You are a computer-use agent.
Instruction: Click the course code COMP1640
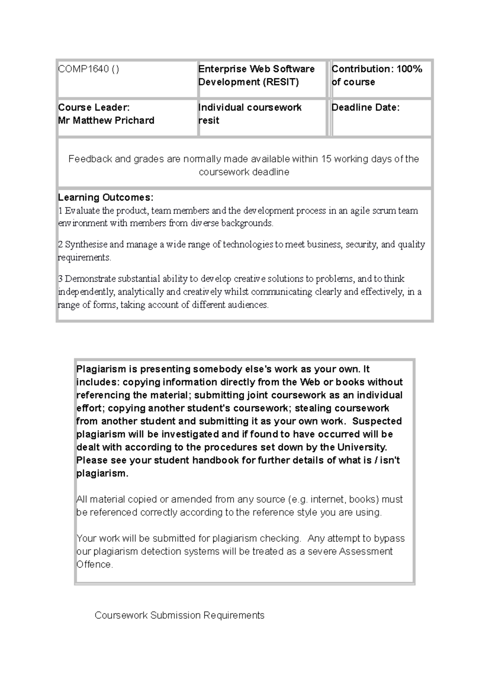[84, 69]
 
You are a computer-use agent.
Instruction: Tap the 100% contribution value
[409, 69]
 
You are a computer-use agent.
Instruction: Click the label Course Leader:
[94, 107]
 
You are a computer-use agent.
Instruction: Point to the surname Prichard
[135, 120]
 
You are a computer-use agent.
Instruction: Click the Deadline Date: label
[366, 107]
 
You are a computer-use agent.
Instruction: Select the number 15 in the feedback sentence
[326, 159]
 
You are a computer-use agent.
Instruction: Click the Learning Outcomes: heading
[106, 198]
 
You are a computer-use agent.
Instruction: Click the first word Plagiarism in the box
[101, 369]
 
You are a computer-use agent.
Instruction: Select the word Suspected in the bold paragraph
[377, 421]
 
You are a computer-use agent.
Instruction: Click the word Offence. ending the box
[95, 564]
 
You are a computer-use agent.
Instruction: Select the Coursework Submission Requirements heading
[179, 615]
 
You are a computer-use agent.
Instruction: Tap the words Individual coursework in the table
[250, 107]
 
